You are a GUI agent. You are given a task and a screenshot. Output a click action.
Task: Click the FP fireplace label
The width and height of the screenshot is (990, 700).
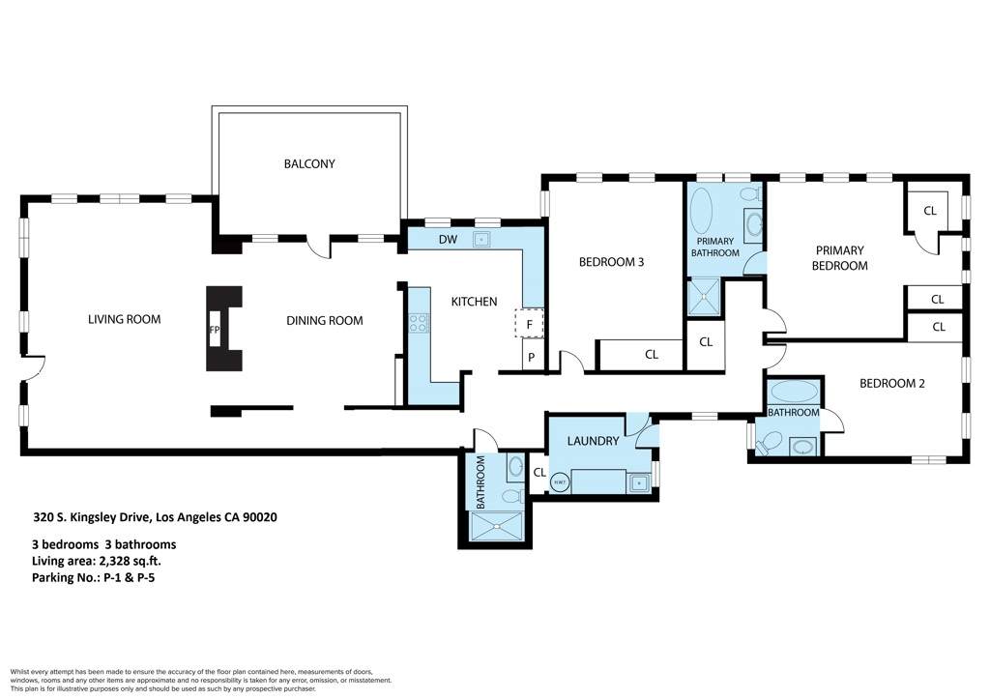click(215, 329)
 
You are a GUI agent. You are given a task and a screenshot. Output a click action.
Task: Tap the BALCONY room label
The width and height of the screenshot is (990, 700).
click(309, 163)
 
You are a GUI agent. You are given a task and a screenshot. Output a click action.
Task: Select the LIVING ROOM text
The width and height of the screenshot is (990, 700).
click(124, 319)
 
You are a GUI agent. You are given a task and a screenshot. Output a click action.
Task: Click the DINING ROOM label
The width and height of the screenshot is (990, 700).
click(324, 320)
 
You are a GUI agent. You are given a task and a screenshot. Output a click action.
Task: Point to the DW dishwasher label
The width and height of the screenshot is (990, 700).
click(448, 239)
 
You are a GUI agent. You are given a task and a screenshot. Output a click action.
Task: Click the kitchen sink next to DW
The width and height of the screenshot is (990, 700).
click(480, 239)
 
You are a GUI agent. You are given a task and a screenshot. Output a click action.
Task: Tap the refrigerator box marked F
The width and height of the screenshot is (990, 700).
click(529, 324)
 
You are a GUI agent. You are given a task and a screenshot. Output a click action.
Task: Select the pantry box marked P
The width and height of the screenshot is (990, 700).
click(529, 359)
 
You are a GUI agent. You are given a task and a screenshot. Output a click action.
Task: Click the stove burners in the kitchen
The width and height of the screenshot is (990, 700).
click(419, 324)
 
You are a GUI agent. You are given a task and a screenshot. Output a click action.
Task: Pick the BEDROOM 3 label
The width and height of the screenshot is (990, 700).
click(611, 261)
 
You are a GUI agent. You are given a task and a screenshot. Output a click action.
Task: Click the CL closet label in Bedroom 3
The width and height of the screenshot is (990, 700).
click(651, 355)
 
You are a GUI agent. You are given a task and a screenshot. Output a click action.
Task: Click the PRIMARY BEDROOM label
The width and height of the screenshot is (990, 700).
click(838, 257)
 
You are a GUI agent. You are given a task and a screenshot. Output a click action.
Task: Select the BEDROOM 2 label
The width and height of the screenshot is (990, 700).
click(892, 383)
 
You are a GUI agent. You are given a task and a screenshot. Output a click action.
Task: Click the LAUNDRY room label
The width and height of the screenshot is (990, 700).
click(593, 441)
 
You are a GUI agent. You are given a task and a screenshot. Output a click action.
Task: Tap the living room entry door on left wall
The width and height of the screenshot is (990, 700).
click(33, 367)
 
